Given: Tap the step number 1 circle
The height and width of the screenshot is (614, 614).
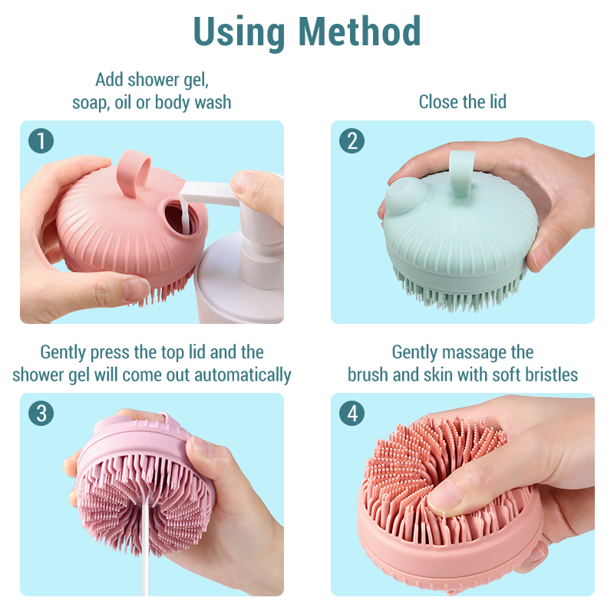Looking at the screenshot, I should (x=41, y=141).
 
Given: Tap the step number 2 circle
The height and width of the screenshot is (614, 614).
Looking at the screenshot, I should (x=352, y=141).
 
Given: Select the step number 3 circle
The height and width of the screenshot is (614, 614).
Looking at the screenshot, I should (x=41, y=414).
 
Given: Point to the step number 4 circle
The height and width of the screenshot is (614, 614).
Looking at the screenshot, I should (x=352, y=414).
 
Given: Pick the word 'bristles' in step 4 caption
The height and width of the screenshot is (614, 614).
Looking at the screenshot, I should (x=548, y=375).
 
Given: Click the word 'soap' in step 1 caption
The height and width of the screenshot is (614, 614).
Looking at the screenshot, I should (x=91, y=101).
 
